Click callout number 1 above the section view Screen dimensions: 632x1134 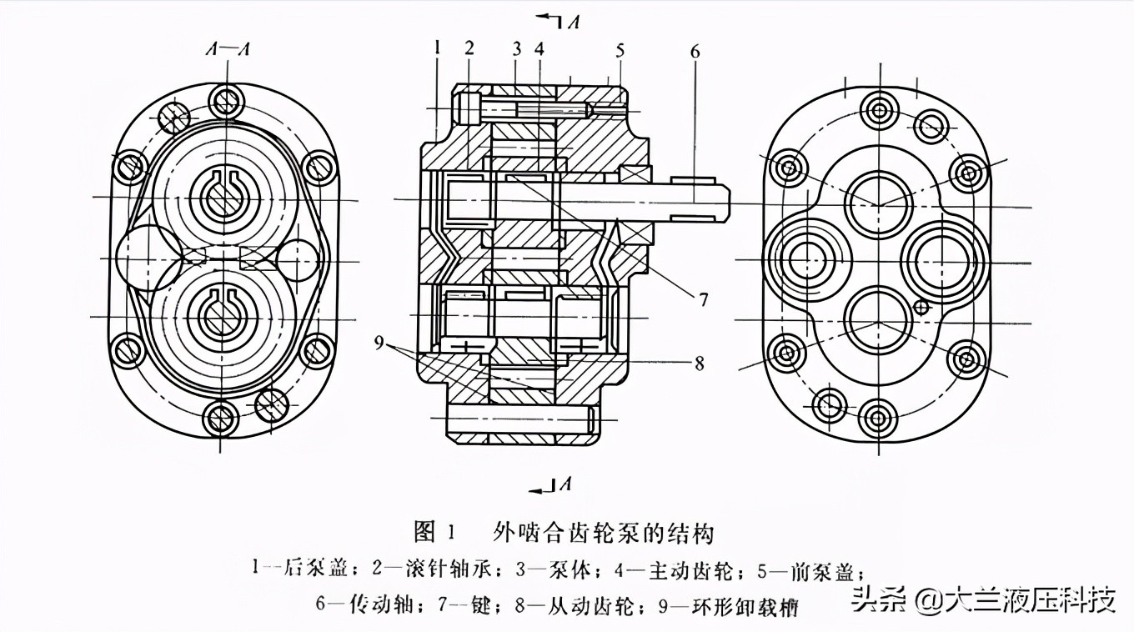(436, 48)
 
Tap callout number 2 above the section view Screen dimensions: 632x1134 (469, 48)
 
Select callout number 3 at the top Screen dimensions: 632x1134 (517, 48)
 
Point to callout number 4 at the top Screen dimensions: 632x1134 (539, 48)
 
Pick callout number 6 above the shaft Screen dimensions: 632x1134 (695, 51)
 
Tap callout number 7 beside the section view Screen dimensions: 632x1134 (704, 298)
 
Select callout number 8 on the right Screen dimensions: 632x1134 (699, 363)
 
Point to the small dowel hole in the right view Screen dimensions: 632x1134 (921, 308)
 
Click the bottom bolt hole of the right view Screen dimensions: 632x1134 (879, 414)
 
